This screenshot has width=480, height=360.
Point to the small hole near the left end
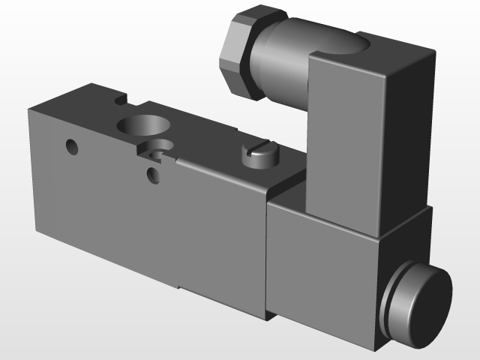tap(72, 146)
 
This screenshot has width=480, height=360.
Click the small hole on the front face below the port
tap(153, 175)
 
